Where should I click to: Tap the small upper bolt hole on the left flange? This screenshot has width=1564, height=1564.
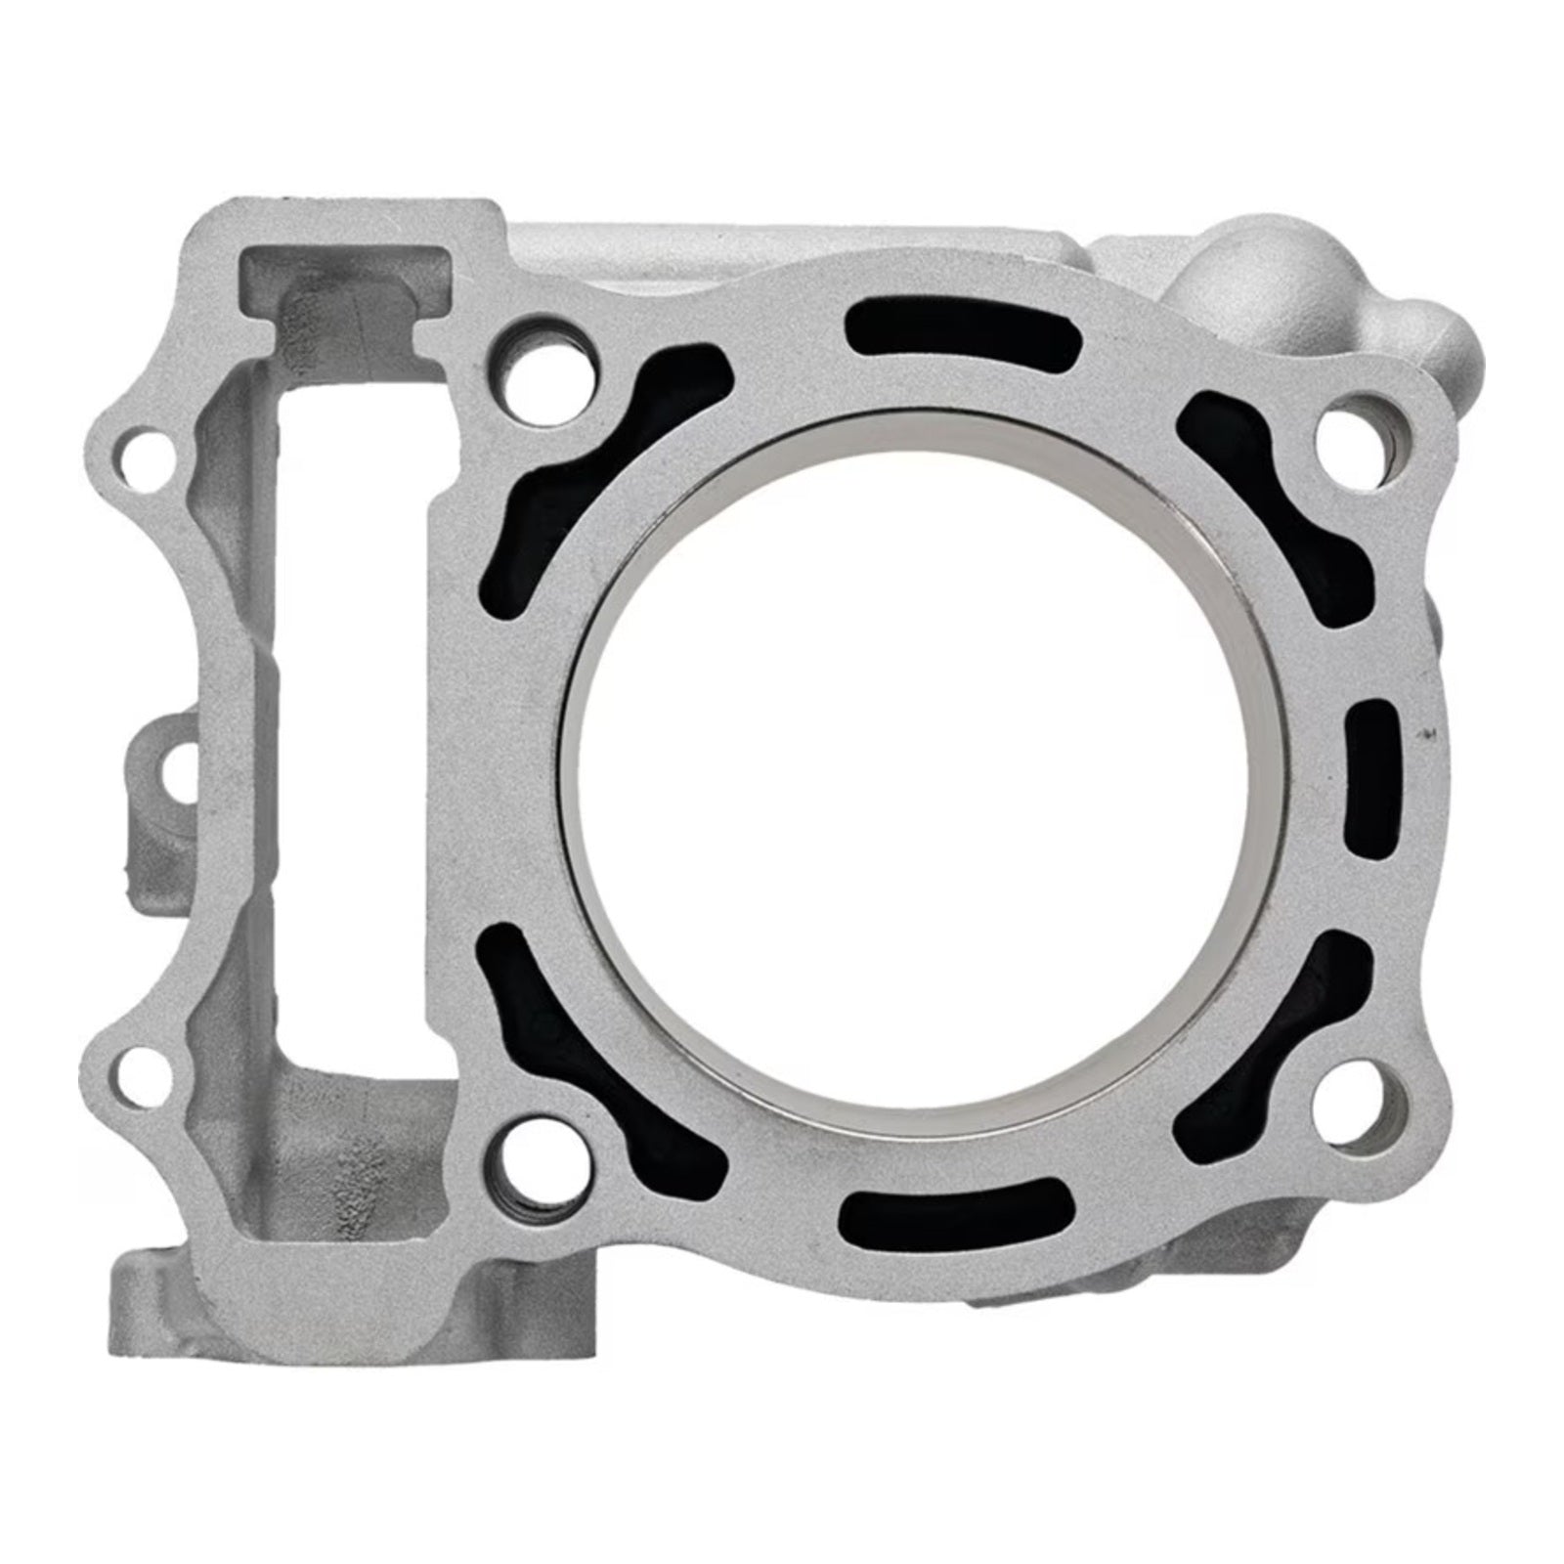pyautogui.click(x=142, y=453)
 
